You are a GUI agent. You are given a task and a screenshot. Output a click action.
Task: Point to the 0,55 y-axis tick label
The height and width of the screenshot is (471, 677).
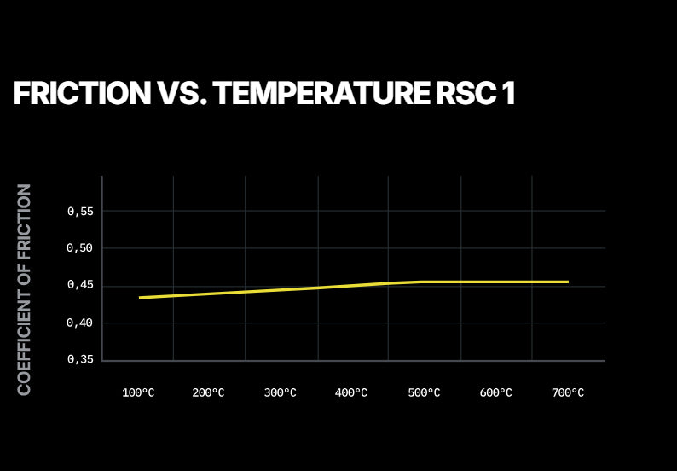(x=80, y=211)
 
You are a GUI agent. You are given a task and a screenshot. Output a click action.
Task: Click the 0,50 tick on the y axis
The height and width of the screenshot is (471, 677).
(x=80, y=248)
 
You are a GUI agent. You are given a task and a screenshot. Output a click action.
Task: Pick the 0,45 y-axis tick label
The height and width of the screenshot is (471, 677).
(x=80, y=285)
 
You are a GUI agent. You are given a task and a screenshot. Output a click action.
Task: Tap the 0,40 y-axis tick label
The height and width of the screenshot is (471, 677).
(x=80, y=323)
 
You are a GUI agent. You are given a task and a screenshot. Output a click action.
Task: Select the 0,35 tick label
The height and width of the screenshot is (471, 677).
(x=80, y=360)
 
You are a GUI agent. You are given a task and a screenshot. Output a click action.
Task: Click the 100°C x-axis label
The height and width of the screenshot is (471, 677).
(x=138, y=393)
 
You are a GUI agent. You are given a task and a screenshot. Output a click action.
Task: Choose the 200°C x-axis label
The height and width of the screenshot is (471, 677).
(x=208, y=393)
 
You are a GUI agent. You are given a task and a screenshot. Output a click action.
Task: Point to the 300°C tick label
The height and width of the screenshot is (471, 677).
(x=280, y=393)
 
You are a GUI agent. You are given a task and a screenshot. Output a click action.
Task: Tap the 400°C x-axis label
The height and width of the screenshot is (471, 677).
(x=351, y=393)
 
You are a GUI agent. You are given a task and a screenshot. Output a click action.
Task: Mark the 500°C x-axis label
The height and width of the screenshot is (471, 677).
(x=424, y=393)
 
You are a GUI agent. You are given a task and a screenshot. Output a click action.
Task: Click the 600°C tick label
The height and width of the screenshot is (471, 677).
(x=495, y=393)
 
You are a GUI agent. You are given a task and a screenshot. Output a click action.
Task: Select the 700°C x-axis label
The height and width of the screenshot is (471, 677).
(x=568, y=393)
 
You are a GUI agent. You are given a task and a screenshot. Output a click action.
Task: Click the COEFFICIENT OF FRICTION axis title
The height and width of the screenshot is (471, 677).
(x=25, y=289)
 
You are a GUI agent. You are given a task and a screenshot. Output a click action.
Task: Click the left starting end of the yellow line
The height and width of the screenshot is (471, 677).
(x=140, y=298)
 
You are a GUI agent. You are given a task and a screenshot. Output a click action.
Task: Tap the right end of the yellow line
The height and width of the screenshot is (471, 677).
(x=567, y=282)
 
